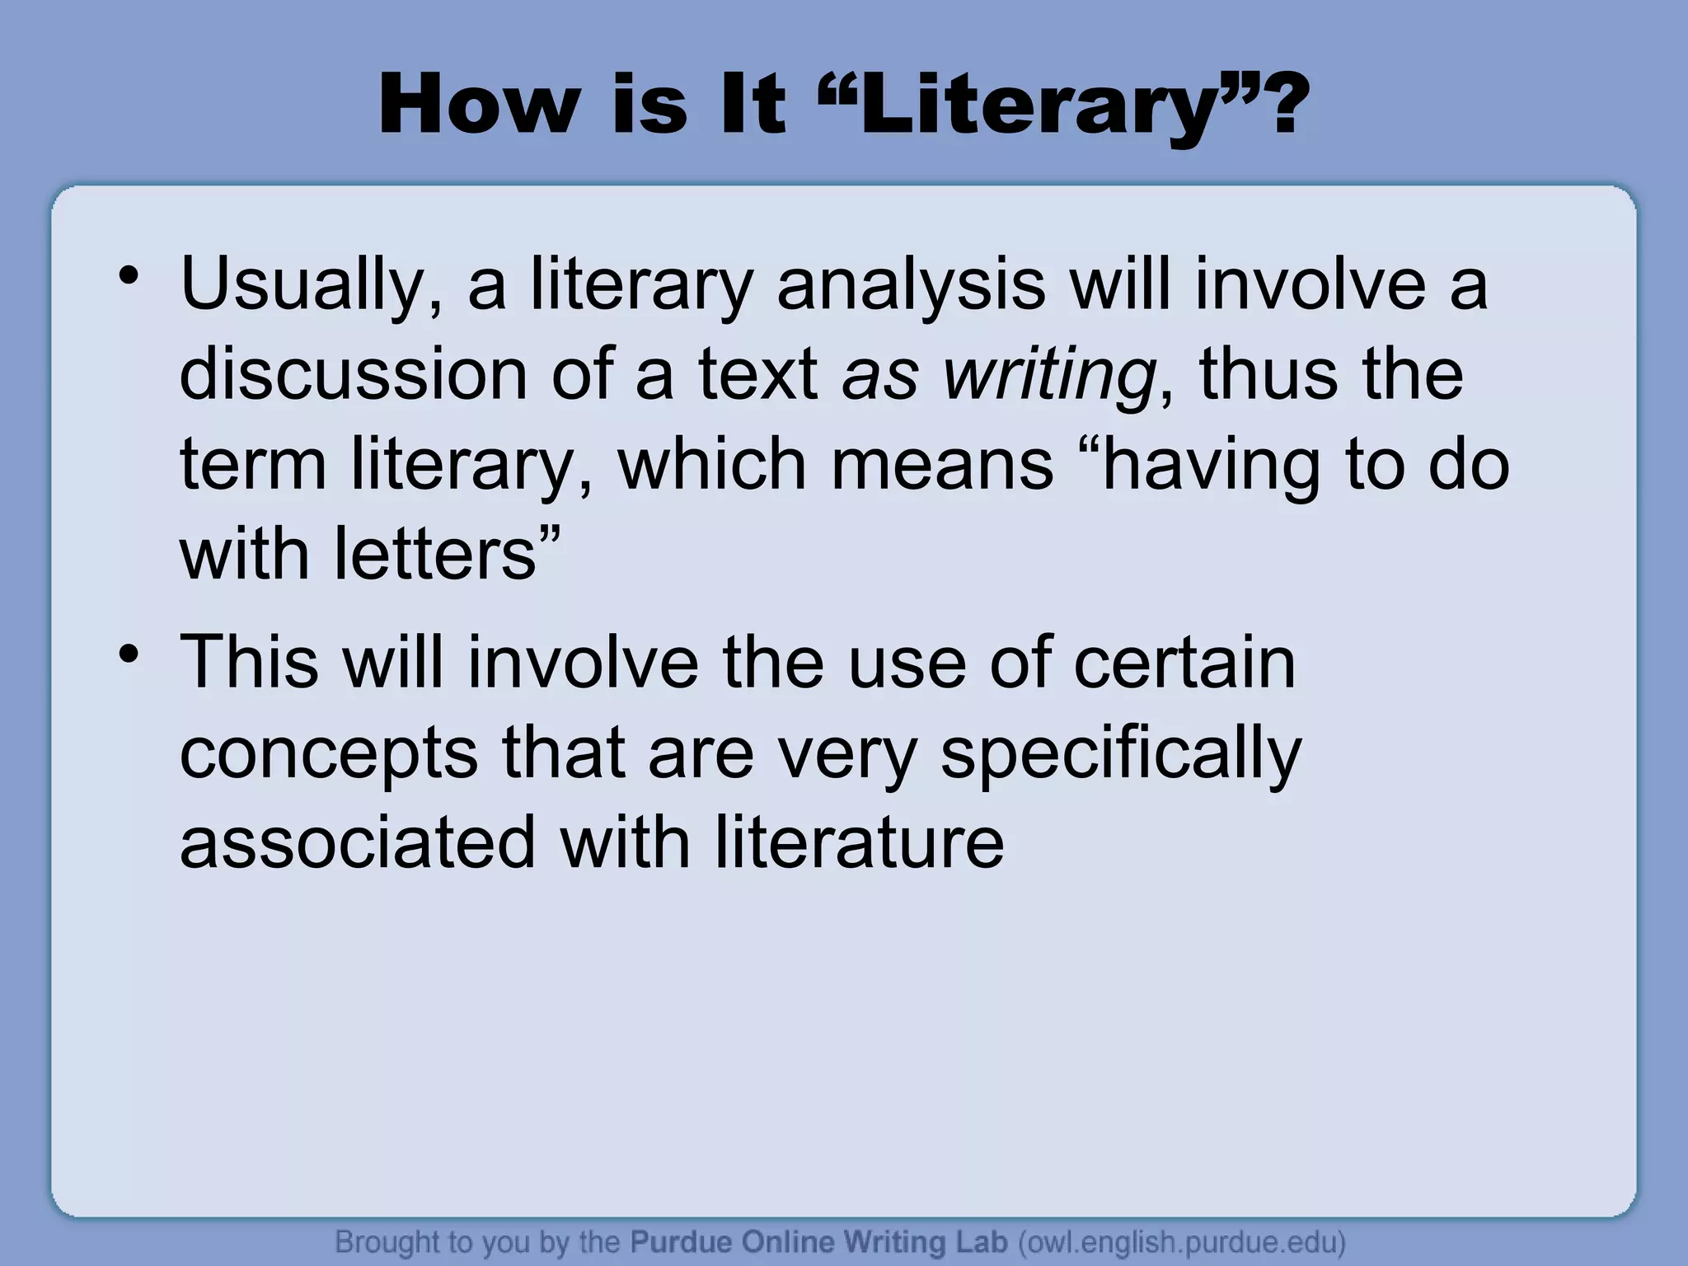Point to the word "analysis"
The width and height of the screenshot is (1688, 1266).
tap(911, 284)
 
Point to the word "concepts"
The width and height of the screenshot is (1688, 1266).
tap(328, 754)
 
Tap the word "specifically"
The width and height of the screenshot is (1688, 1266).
tap(1120, 754)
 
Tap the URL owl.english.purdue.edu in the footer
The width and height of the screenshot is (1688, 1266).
tap(1182, 1241)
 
